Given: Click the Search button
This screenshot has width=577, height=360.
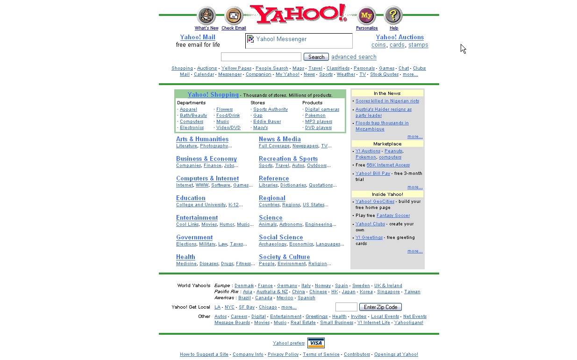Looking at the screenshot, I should (316, 57).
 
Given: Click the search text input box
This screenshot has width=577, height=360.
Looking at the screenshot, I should (261, 57).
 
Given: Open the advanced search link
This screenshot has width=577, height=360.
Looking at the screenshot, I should (354, 57).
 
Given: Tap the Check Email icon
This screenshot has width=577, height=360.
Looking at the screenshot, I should (234, 16).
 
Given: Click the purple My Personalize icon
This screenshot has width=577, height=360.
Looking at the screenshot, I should (366, 16).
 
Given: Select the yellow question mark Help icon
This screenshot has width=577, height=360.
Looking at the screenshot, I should (393, 16).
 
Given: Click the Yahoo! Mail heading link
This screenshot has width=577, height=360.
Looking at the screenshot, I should (198, 37).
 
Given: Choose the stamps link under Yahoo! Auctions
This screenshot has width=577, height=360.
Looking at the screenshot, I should (418, 45).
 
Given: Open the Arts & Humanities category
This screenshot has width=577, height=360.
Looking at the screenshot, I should (202, 139).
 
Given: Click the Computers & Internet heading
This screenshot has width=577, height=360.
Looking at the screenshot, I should (207, 179).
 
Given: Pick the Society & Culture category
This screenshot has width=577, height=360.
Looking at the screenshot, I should (285, 257).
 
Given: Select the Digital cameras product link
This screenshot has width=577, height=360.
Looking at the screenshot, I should (322, 109).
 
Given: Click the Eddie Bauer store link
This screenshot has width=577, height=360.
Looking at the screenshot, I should (267, 122).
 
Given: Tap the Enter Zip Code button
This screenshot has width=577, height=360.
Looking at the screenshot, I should (380, 307).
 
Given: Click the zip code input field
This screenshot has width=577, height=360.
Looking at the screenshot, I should (346, 307).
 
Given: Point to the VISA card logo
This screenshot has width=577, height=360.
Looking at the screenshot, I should (316, 343).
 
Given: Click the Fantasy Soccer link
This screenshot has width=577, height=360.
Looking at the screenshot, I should (393, 216).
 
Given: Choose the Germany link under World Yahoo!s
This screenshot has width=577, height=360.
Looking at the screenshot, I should (287, 286).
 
